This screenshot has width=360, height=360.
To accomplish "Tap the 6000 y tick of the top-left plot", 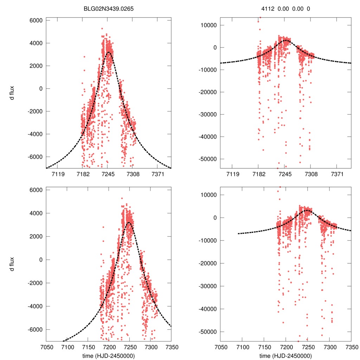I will (35, 20).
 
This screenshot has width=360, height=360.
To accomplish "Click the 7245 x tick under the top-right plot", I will (285, 174).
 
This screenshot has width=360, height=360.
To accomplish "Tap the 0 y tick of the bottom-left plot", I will (40, 260).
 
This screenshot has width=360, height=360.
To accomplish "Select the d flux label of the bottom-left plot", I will (13, 264).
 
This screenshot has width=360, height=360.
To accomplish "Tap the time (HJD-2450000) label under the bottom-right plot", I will (286, 355).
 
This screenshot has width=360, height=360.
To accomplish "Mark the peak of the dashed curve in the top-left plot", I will (108, 52).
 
